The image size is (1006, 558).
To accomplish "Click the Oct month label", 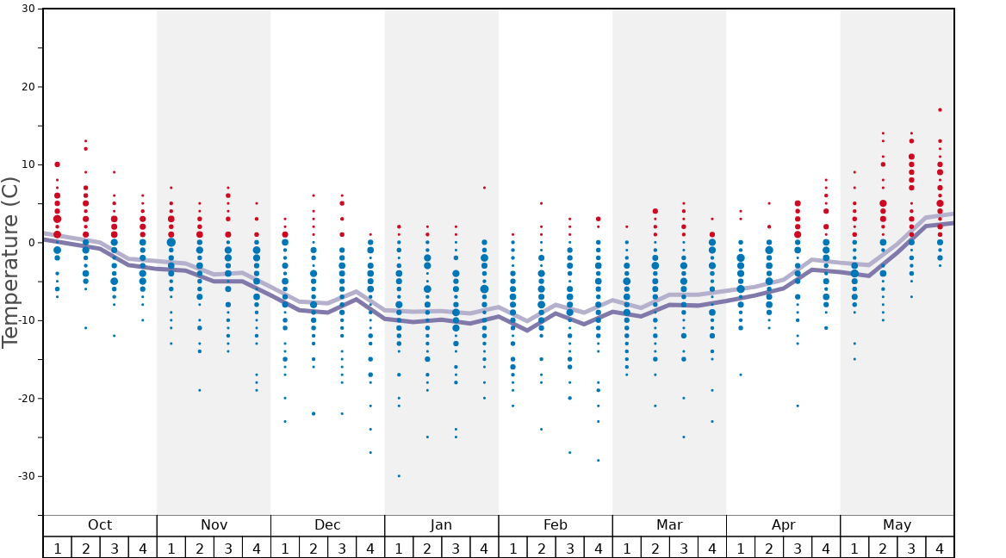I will point(100,525).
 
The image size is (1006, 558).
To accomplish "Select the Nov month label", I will point(214,525).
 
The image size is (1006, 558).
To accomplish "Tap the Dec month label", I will point(327,525).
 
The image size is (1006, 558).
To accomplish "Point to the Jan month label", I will point(441,525).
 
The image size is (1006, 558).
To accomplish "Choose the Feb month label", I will point(555,525).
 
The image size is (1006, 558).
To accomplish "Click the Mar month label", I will point(669,525).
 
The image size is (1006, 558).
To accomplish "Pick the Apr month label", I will point(783,525).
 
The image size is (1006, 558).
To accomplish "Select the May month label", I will point(897,525).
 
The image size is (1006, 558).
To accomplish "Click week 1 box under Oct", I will point(58,548).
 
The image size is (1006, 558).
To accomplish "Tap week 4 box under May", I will point(940,548).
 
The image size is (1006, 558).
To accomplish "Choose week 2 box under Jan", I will point(427,548).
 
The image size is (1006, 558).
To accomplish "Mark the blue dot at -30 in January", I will point(399,476).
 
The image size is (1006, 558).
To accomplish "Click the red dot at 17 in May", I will point(940,110).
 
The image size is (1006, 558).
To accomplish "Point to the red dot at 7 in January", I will point(484,188).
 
